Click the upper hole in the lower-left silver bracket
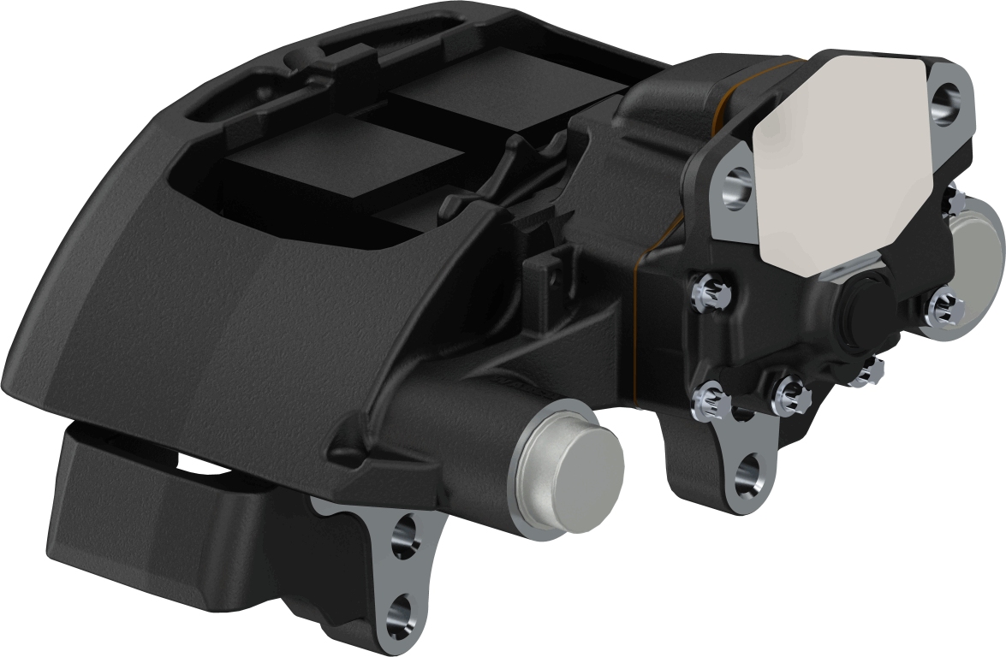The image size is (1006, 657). click(x=402, y=537)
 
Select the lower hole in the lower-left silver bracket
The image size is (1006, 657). click(x=400, y=613)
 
